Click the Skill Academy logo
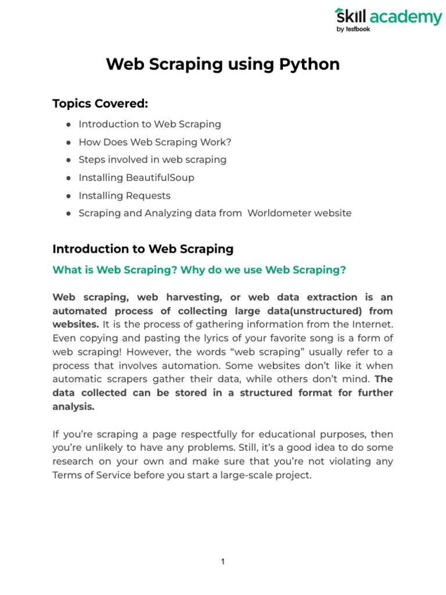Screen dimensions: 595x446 [387, 17]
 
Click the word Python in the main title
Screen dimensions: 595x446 [312, 64]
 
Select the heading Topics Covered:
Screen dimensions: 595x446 [100, 103]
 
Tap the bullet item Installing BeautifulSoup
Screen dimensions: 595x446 [136, 178]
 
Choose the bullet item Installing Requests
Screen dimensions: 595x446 [124, 196]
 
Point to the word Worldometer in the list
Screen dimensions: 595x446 [276, 213]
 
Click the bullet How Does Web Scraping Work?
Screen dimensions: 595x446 [155, 142]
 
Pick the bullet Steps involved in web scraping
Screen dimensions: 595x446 [152, 160]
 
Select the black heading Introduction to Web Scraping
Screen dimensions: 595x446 [143, 249]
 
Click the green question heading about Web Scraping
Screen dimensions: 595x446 [199, 270]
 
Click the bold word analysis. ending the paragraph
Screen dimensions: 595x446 [73, 407]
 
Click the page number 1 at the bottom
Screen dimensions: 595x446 [223, 562]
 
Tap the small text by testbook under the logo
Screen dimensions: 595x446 [353, 30]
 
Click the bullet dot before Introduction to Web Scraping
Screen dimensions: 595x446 [69, 124]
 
